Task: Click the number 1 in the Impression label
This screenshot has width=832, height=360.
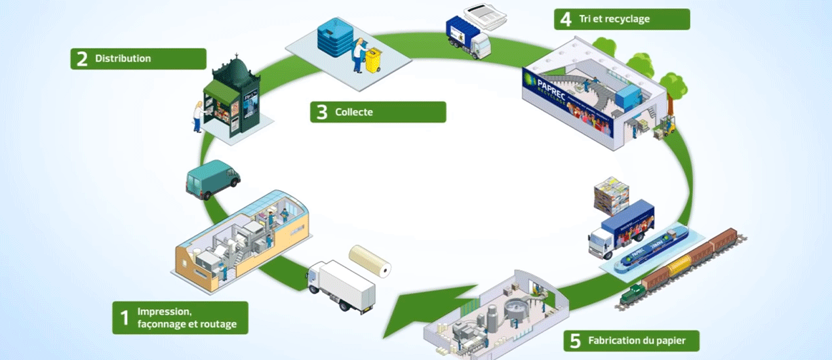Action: [124, 318]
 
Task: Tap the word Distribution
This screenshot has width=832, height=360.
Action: [123, 58]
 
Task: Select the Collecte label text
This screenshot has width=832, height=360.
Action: [353, 112]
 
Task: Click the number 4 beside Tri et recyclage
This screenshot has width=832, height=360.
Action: [565, 19]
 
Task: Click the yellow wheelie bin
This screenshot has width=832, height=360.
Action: [373, 60]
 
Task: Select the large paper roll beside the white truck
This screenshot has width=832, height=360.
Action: [369, 260]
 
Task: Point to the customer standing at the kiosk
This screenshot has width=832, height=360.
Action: [197, 116]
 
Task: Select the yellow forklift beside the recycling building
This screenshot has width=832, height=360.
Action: [667, 125]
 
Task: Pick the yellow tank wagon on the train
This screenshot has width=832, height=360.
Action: [681, 266]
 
